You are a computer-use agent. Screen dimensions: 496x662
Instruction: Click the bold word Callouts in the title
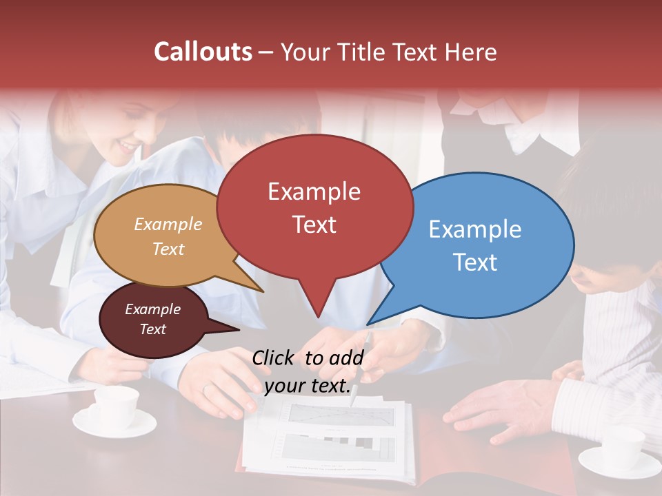pyautogui.click(x=203, y=52)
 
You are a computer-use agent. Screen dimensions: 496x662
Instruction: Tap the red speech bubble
pyautogui.click(x=314, y=207)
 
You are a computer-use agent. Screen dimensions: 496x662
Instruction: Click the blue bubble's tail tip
pyautogui.click(x=368, y=324)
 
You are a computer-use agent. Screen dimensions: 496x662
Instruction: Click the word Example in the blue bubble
pyautogui.click(x=475, y=229)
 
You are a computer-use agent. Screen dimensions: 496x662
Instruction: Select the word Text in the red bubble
pyautogui.click(x=314, y=225)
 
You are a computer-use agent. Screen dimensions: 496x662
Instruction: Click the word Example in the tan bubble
pyautogui.click(x=168, y=225)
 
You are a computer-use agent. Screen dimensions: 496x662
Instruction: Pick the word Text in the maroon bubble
pyautogui.click(x=153, y=329)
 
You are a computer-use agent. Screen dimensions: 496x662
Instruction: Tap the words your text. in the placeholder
pyautogui.click(x=308, y=386)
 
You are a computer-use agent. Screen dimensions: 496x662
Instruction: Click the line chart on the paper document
pyautogui.click(x=341, y=415)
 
